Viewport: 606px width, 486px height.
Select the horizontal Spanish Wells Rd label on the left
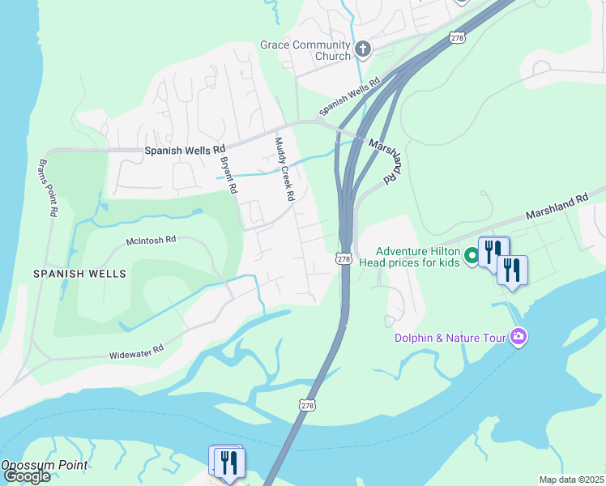pos(185,151)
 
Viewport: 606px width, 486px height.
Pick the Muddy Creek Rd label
pos(283,168)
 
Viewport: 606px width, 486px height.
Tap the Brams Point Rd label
pos(47,187)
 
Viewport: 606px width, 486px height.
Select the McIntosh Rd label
pos(151,240)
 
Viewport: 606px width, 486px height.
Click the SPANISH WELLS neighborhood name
pos(79,274)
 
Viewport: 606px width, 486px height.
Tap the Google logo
pos(27,476)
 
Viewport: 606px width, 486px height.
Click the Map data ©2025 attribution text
pos(571,480)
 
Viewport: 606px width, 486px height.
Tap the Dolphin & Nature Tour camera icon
pos(519,338)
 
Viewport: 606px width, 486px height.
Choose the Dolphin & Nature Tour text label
pos(450,338)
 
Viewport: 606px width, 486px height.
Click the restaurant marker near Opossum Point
pos(227,463)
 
